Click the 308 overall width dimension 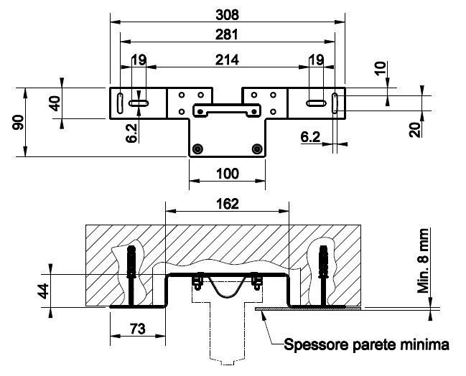[227, 14]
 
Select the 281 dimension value [227, 34]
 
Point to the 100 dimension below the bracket [227, 174]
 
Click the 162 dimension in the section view [227, 203]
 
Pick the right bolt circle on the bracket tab [256, 149]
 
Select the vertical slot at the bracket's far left [121, 103]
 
